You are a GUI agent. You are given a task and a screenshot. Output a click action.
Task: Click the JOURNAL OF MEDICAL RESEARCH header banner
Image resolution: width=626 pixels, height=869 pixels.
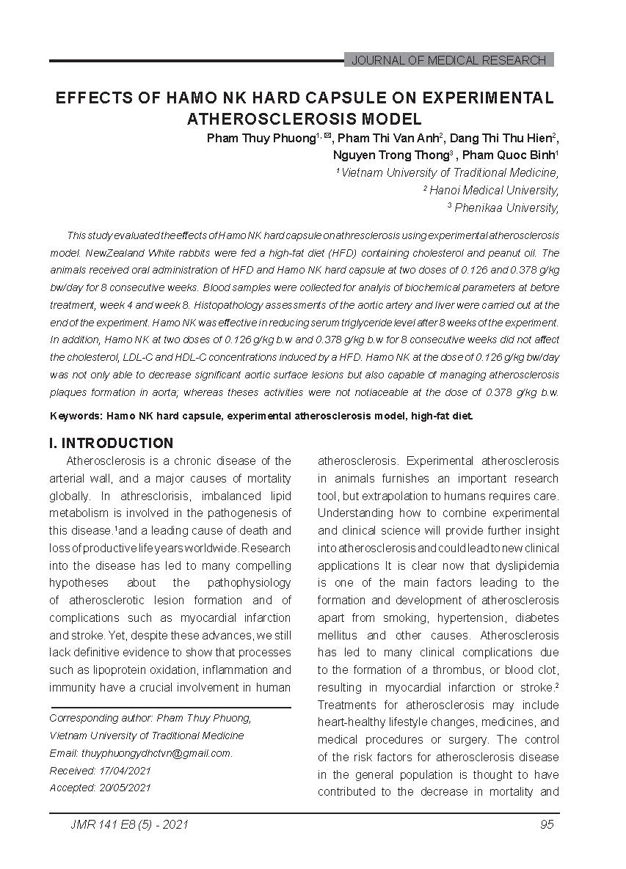point(448,60)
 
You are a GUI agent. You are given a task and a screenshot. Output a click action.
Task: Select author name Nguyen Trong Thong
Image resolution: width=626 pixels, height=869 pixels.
point(390,155)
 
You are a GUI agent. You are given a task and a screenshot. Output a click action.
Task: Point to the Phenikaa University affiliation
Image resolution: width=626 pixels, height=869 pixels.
point(506,208)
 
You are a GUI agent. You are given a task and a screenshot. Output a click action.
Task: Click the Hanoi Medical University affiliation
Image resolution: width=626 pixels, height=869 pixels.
point(493,191)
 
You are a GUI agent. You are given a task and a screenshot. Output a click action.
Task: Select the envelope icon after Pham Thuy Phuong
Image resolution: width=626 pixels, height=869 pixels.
point(328,136)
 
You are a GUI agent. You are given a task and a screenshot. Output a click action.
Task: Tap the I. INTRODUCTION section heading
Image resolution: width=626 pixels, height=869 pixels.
point(111,443)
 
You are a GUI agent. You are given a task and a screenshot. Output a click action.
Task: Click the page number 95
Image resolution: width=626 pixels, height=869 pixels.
point(547,825)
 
